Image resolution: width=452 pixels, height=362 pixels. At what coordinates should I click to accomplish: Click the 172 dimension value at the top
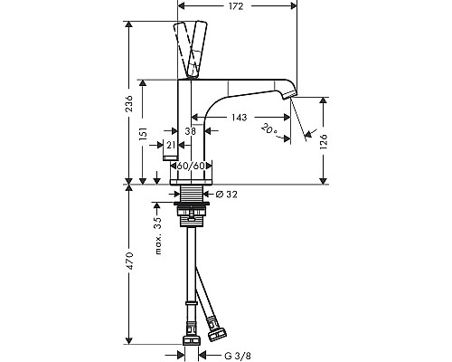236,6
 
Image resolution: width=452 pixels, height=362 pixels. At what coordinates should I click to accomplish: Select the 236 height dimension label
129,103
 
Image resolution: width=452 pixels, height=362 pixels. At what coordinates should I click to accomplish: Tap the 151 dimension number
143,133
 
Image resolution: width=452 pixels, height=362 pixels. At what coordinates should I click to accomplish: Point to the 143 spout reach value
240,117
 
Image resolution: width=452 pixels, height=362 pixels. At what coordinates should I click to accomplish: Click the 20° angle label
268,129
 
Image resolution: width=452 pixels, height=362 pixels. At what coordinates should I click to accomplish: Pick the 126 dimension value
324,141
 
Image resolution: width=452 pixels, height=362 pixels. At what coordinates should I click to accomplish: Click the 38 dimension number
190,131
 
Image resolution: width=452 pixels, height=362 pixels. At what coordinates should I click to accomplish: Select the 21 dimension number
171,145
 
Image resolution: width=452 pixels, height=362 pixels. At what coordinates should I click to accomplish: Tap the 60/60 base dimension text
191,166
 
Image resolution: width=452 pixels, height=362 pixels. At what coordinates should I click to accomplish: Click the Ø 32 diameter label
227,195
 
